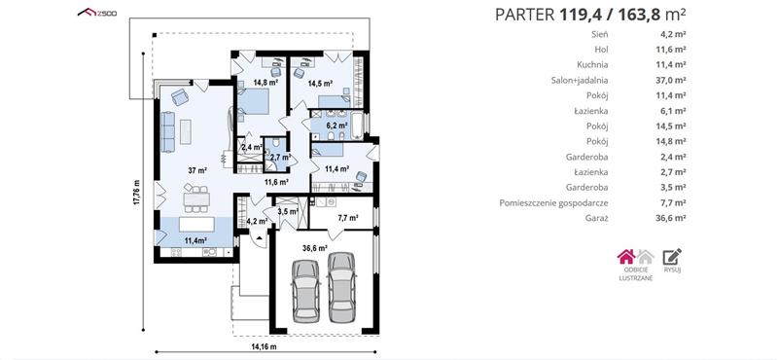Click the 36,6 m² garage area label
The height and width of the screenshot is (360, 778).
316,247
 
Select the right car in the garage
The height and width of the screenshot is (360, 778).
341,287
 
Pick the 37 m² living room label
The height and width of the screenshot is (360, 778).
197,170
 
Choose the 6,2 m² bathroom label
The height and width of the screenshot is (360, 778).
336,125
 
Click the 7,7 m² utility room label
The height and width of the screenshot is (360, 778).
348,217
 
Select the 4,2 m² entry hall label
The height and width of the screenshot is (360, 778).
257,222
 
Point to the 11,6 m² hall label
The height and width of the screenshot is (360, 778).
276,182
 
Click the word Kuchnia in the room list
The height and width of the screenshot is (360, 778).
592,64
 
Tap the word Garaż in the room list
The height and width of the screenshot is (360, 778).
597,218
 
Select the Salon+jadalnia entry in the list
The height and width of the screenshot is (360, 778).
580,80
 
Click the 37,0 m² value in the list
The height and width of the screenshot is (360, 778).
670,80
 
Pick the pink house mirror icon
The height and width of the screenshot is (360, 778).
626,256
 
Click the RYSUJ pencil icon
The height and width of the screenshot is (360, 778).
672,256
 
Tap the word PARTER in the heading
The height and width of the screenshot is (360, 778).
524,15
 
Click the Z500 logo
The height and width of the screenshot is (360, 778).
97,13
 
